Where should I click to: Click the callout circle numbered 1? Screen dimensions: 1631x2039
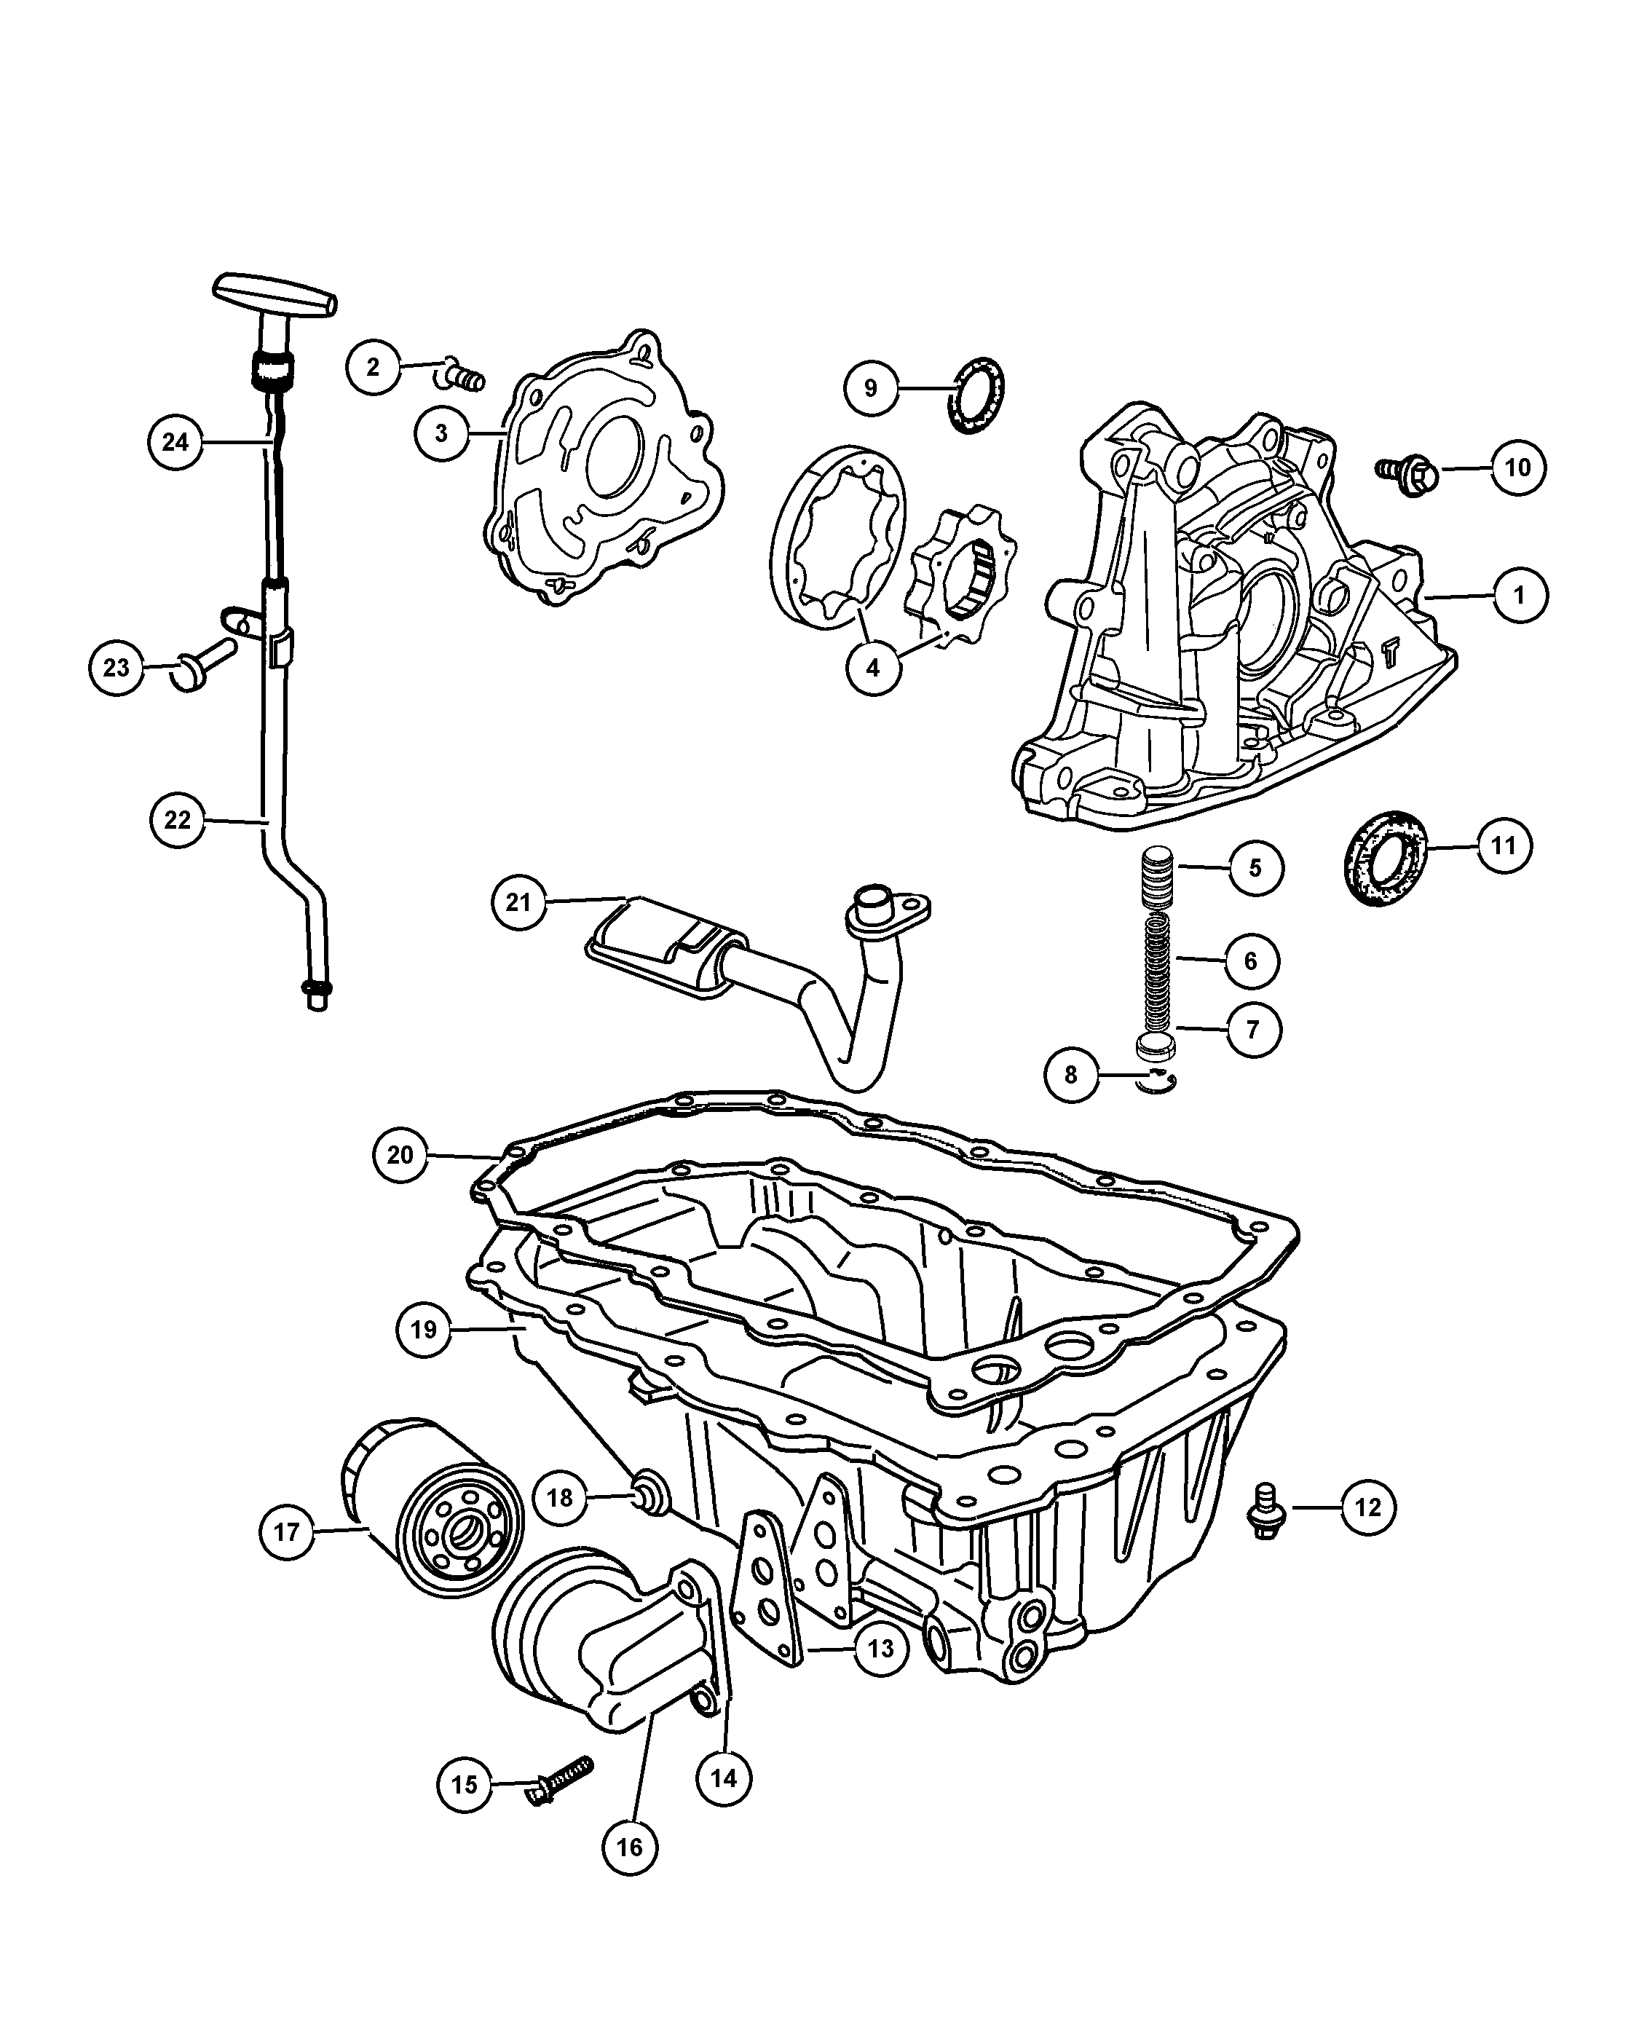coord(1520,595)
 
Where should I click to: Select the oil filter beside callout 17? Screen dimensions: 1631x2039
coord(431,1507)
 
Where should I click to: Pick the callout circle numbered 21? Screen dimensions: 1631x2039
coord(519,902)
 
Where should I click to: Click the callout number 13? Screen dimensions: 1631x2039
coord(881,1649)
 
